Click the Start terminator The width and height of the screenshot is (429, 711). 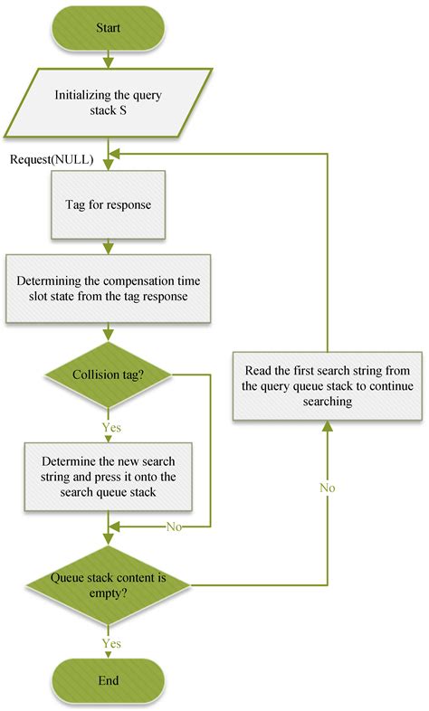pos(109,27)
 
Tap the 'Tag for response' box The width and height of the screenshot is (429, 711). pos(109,204)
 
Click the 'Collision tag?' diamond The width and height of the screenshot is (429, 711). pos(109,375)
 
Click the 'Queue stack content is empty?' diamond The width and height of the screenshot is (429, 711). pos(109,583)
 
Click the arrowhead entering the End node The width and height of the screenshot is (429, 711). pos(109,653)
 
